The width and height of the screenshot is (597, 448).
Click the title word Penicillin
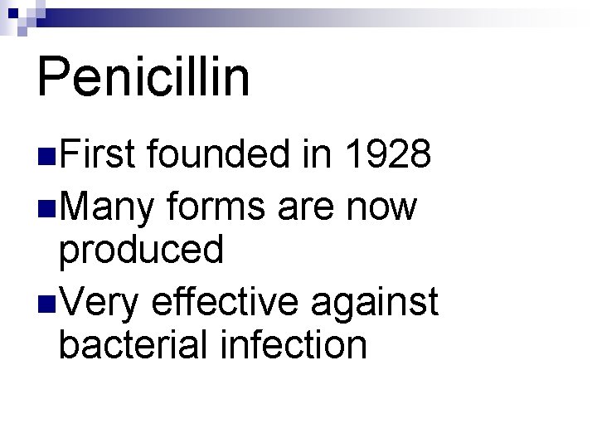pos(143,76)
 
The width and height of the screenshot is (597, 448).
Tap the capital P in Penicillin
pos(54,76)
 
